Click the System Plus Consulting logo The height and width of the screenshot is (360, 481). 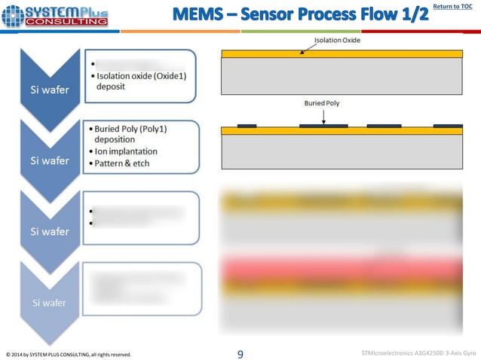[x=54, y=15]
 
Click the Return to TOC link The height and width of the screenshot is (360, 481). [x=455, y=7]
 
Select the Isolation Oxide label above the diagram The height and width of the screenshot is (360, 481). [x=335, y=39]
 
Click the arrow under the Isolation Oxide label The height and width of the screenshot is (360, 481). [x=306, y=48]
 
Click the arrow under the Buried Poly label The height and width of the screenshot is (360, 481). [x=323, y=117]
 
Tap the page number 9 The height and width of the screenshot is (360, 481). [x=240, y=352]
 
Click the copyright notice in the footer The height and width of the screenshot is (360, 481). [x=68, y=353]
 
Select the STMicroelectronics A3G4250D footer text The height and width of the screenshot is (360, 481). [x=418, y=352]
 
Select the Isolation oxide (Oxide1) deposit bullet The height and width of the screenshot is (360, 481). [x=138, y=81]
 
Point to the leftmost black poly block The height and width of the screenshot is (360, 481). [x=247, y=125]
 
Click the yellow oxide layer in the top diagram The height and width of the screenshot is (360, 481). [x=342, y=54]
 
